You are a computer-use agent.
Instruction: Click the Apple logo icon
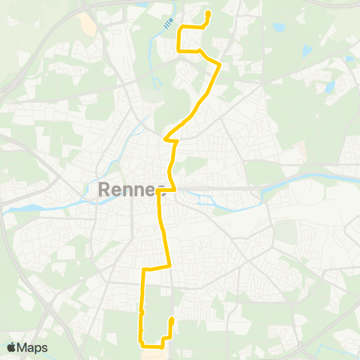tap(11, 347)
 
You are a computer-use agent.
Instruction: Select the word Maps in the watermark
tap(32, 347)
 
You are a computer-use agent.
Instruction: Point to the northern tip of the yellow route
tap(208, 13)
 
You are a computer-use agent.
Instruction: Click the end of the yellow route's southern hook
tap(172, 319)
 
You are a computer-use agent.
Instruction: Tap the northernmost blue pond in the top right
tap(278, 28)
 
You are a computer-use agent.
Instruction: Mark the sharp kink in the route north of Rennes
tap(166, 138)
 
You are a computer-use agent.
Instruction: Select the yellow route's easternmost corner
tap(219, 64)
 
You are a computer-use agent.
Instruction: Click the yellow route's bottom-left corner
tap(140, 344)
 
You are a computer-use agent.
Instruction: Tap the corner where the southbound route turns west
tap(170, 265)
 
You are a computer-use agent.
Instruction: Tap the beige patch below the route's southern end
tap(167, 353)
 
